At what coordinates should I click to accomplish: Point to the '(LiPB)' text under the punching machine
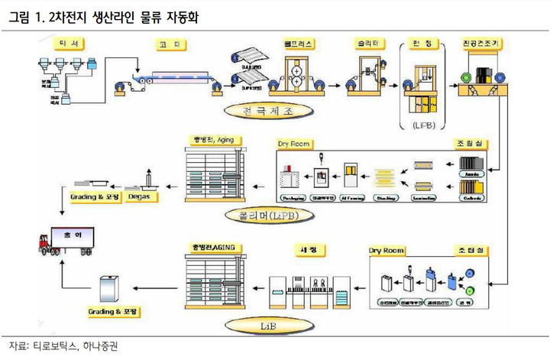(x=422, y=124)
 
